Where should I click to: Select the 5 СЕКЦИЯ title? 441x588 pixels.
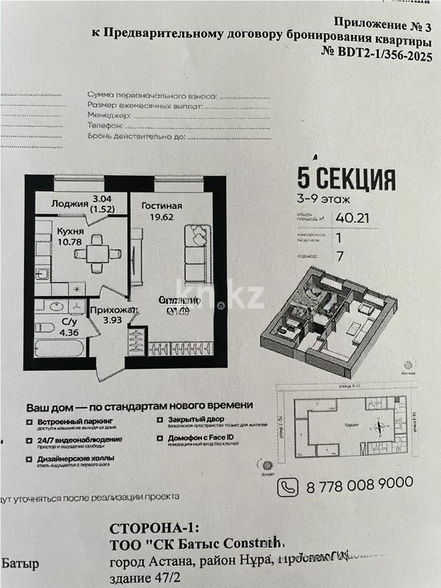346,178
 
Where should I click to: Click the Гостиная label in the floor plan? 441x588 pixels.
161,206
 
